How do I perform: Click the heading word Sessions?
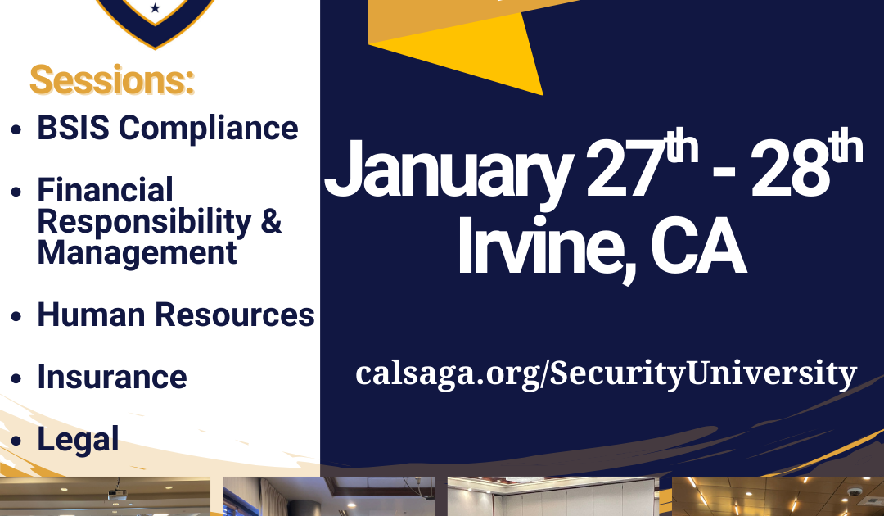[111, 80]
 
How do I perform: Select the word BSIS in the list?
[74, 128]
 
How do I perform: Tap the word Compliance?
[208, 129]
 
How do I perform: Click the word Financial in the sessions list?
[106, 190]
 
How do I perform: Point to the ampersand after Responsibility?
[271, 220]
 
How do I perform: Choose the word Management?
[137, 252]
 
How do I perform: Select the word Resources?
[235, 315]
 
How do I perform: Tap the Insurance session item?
[112, 377]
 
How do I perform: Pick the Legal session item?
[79, 439]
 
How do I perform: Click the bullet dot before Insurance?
[16, 378]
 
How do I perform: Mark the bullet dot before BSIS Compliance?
[16, 129]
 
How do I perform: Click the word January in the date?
[449, 170]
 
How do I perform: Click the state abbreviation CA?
[698, 246]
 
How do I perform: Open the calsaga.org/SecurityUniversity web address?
[606, 373]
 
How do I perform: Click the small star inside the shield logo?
[156, 8]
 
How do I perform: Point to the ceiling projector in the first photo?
[117, 493]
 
